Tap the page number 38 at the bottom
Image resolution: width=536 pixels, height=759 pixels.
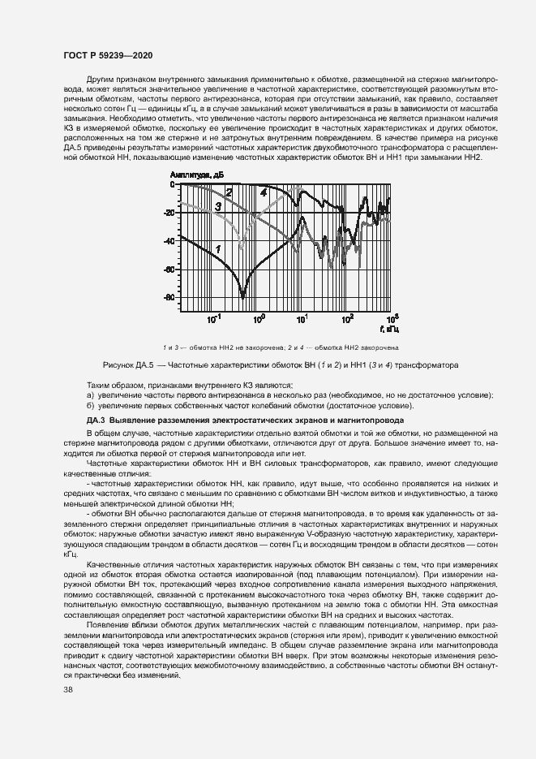pos(68,690)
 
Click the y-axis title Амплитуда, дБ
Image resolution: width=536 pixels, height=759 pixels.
pos(196,175)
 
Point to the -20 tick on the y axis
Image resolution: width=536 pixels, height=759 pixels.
pos(169,213)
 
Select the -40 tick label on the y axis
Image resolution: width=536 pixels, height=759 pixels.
pos(169,241)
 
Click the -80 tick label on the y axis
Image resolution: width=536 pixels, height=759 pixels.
pos(169,298)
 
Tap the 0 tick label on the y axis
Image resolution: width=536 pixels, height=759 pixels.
pos(172,185)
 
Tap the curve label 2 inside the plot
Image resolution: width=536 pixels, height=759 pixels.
pos(229,193)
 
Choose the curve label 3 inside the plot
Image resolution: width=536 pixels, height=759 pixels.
pos(218,208)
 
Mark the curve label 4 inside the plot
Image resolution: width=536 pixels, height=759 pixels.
pos(264,192)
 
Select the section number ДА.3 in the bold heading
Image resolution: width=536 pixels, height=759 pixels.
pos(96,420)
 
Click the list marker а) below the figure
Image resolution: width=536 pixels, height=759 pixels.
pos(90,395)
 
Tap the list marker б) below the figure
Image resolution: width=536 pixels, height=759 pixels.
pos(90,405)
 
